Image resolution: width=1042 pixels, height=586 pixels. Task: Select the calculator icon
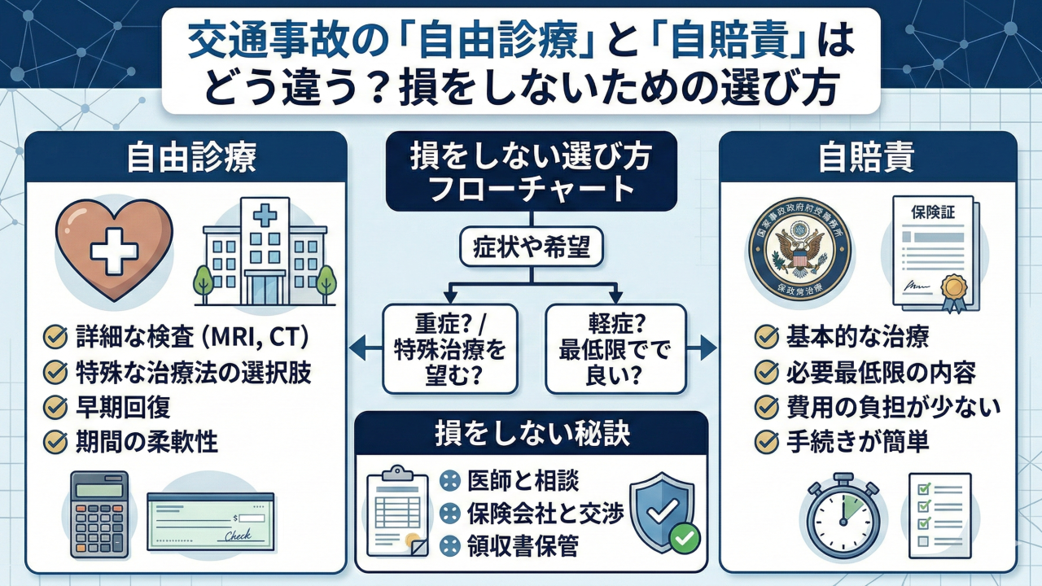[102, 515]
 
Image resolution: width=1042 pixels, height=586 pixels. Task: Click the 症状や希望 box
[532, 249]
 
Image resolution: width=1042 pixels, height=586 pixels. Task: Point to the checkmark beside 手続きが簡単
[766, 442]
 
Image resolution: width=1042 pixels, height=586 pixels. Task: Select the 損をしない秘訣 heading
[531, 435]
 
